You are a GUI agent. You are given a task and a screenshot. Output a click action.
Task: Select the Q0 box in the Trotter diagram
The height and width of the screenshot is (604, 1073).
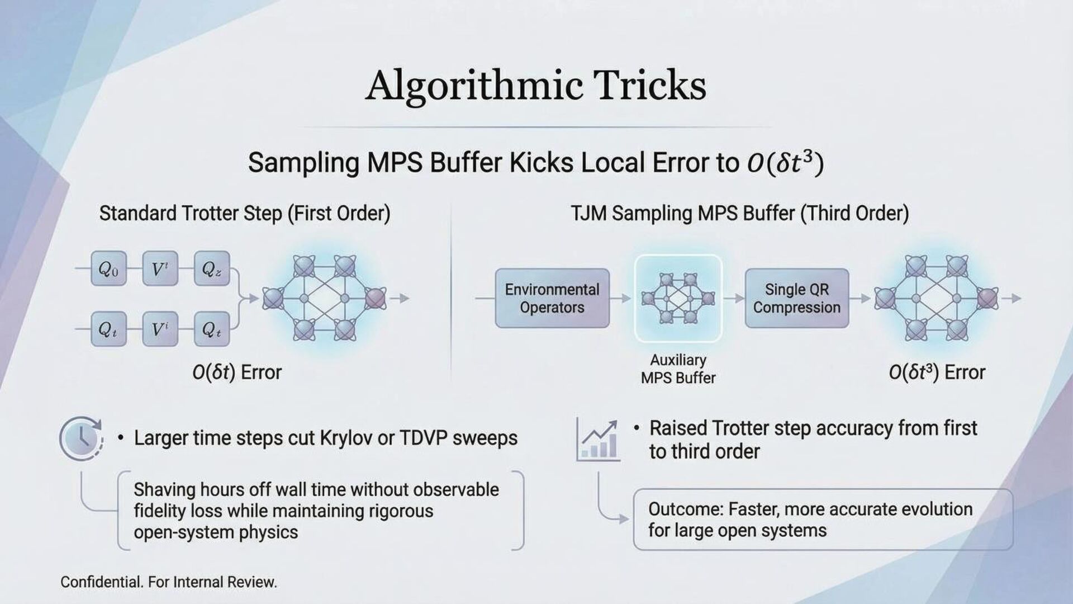tap(108, 269)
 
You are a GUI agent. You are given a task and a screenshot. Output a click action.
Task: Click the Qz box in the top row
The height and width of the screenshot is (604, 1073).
tap(211, 269)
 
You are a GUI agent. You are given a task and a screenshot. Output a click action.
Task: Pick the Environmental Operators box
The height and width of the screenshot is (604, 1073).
tap(552, 298)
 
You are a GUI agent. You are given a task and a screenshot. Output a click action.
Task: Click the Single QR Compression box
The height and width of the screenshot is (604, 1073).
tap(796, 298)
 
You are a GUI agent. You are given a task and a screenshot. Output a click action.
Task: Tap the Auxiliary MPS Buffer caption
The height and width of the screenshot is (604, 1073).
tap(678, 369)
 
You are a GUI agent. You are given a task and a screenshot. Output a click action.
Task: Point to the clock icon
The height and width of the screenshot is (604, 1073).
tap(82, 438)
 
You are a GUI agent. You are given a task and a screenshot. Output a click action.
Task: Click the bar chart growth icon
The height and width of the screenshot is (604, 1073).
tap(599, 441)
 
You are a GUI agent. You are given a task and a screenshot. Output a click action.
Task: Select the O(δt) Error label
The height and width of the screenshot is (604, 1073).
tap(237, 372)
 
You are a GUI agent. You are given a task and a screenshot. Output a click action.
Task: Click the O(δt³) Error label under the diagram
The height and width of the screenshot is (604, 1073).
tap(937, 372)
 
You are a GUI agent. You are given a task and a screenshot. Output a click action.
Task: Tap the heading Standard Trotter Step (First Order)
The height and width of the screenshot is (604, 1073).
tap(245, 214)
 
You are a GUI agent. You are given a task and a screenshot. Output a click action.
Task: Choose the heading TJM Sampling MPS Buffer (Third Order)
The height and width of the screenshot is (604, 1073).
tap(739, 214)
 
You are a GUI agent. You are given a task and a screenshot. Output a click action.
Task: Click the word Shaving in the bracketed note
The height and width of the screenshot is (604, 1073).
tap(164, 490)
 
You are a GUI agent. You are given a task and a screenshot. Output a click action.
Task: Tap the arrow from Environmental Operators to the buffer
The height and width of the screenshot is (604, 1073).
tap(620, 299)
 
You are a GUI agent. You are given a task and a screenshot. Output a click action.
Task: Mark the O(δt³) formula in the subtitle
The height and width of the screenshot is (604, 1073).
tap(785, 163)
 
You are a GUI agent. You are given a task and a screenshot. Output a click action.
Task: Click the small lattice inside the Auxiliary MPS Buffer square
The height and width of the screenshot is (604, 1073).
tap(678, 298)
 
